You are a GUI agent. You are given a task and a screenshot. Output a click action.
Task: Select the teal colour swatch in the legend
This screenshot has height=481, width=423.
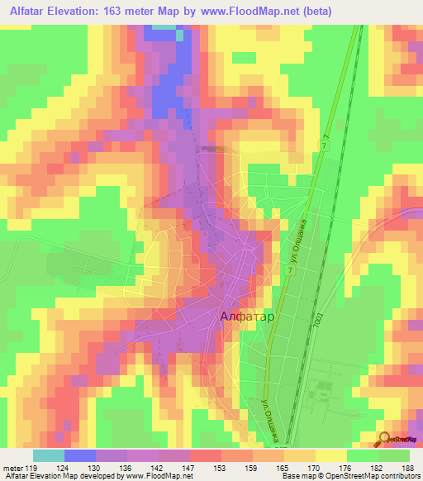click(48, 455)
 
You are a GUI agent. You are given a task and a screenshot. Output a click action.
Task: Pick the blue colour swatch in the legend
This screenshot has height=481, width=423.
click(80, 455)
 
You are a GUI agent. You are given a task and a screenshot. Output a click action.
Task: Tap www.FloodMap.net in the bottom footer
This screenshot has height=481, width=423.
click(151, 476)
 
